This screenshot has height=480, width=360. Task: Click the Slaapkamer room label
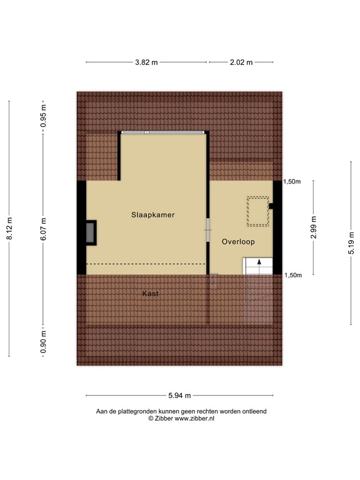[x=152, y=214]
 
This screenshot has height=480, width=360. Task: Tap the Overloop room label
[x=238, y=241]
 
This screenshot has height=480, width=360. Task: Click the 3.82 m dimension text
[x=146, y=62]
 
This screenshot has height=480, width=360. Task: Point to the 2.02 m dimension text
[x=241, y=62]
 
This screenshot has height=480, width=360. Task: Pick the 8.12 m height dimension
[x=9, y=229]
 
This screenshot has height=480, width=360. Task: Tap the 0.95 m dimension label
[x=43, y=116]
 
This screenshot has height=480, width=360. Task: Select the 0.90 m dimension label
[x=43, y=342]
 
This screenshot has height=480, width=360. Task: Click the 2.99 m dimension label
[x=314, y=227]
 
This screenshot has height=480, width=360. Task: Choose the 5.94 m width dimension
[x=179, y=396]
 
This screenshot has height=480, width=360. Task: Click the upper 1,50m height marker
[x=292, y=182]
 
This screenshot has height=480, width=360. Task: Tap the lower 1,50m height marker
[x=292, y=275]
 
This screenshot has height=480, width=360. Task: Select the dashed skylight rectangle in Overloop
[x=256, y=211]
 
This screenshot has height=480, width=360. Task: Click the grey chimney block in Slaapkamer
[x=92, y=232]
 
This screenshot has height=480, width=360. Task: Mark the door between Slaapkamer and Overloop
[x=208, y=229]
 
